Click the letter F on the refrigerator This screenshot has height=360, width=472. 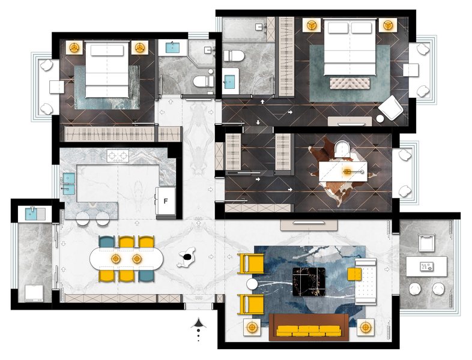pyautogui.click(x=165, y=201)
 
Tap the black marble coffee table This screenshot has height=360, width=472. pyautogui.click(x=309, y=282)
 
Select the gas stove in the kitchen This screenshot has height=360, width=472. pyautogui.click(x=118, y=156)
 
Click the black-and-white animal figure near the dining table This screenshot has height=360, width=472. pyautogui.click(x=187, y=257)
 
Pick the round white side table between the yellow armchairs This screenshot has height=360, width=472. pyautogui.click(x=252, y=284)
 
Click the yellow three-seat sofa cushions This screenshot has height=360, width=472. pyautogui.click(x=309, y=331)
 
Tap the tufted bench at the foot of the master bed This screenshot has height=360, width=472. pyautogui.click(x=349, y=83)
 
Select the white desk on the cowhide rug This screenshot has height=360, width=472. pyautogui.click(x=343, y=172)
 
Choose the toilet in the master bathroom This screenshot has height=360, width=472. pyautogui.click(x=233, y=56)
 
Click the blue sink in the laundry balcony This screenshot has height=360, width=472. pyautogui.click(x=31, y=214)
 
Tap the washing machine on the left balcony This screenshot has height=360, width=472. pyautogui.click(x=34, y=293)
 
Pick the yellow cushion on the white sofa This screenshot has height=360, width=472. pyautogui.click(x=354, y=274)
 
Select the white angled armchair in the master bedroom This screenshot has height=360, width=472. pyautogui.click(x=391, y=107)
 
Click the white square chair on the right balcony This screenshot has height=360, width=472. pyautogui.click(x=427, y=243)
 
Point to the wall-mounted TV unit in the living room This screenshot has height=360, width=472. pyautogui.click(x=309, y=225)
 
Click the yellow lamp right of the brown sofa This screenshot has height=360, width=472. pyautogui.click(x=366, y=327)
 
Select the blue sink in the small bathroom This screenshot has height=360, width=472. pyautogui.click(x=172, y=48)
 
